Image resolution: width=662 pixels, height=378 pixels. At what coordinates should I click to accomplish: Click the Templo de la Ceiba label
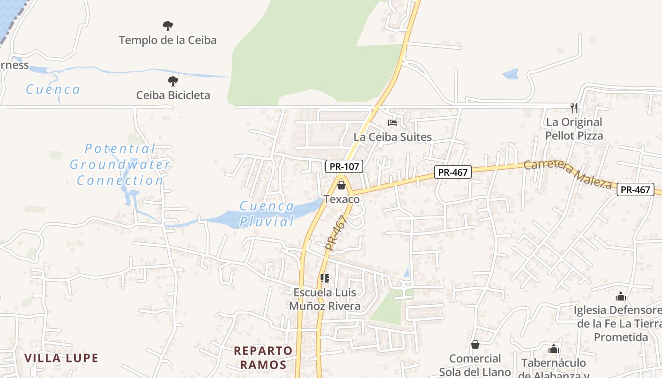tap(167, 40)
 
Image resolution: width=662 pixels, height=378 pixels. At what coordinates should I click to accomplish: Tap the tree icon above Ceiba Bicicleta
tap(173, 81)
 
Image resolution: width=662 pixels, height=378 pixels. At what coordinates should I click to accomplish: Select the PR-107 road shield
tap(344, 166)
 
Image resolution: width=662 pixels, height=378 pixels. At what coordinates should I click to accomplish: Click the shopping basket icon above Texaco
tap(341, 185)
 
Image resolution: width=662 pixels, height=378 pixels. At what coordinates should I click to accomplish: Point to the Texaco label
tap(341, 199)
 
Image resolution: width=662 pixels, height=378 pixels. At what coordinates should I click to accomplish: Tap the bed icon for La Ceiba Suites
tap(392, 123)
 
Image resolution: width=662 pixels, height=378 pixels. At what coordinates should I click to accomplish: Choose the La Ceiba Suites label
tap(392, 137)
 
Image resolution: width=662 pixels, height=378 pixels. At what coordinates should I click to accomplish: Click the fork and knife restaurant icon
tap(574, 108)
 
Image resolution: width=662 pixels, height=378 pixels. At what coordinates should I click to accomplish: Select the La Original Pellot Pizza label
tap(574, 129)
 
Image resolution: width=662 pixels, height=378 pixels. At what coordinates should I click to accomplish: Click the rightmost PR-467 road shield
tap(635, 190)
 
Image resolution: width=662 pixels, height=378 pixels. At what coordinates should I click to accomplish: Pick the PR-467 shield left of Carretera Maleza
tap(453, 172)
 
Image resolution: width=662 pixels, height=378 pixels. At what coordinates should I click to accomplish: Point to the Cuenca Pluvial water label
tap(267, 214)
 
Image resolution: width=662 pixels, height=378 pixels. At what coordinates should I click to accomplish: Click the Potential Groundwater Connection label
tap(120, 164)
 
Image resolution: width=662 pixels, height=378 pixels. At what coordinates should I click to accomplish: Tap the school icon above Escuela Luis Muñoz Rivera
tap(324, 278)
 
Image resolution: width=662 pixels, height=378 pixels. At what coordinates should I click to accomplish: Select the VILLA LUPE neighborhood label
tap(61, 358)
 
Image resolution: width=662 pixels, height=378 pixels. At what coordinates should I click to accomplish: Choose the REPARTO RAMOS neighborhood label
tap(263, 358)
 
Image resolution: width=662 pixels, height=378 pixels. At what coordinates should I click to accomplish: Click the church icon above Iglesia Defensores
tap(620, 296)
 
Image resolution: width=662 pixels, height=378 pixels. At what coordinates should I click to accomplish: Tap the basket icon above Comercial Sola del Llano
tap(475, 344)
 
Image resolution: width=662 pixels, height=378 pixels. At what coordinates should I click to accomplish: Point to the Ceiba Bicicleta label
tap(173, 95)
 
